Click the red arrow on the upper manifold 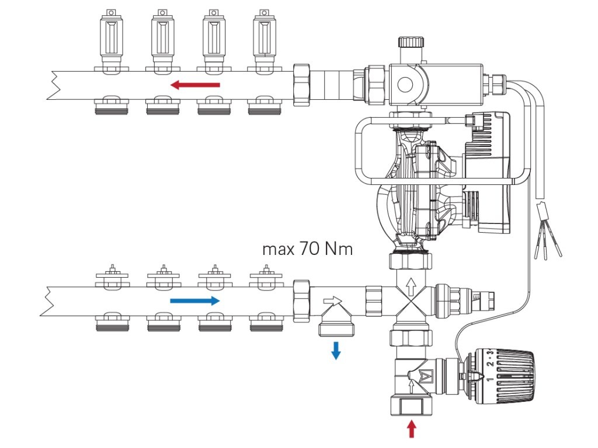point(195,86)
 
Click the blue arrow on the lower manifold point(195,301)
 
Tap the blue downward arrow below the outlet point(336,351)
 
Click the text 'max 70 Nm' point(308,250)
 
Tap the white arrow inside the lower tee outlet point(332,300)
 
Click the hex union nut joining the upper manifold point(301,85)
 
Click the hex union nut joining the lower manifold point(301,301)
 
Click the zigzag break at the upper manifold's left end point(54,85)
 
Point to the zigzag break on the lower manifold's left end point(54,301)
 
